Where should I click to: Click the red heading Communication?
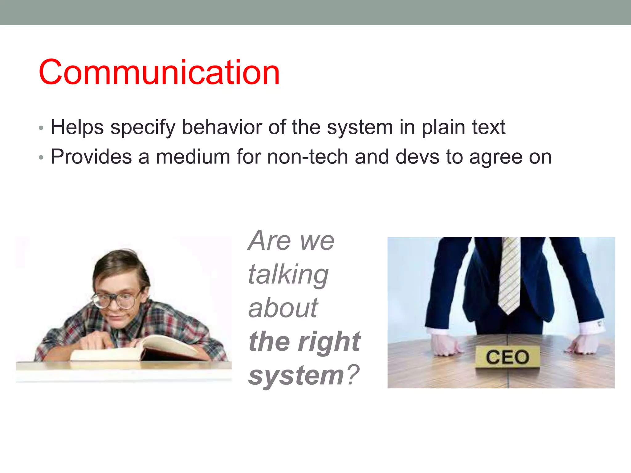pyautogui.click(x=159, y=72)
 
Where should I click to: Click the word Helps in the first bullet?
pyautogui.click(x=77, y=127)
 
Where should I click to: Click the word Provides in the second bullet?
pyautogui.click(x=91, y=157)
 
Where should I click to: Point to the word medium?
pyautogui.click(x=193, y=157)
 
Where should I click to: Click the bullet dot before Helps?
pyautogui.click(x=41, y=128)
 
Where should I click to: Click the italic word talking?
pyautogui.click(x=288, y=275)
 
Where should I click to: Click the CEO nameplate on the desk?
pyautogui.click(x=507, y=357)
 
